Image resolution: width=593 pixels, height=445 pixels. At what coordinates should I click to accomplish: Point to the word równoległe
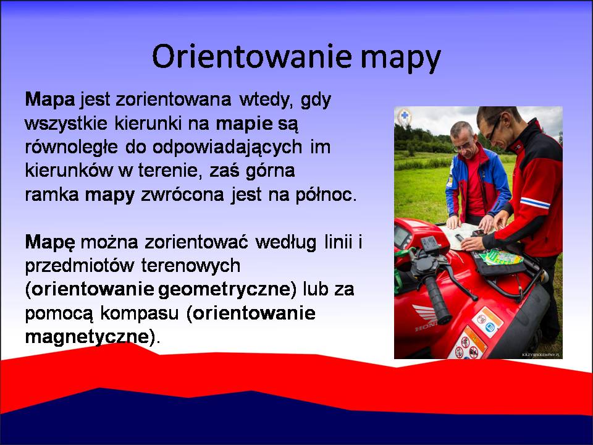tap(72, 147)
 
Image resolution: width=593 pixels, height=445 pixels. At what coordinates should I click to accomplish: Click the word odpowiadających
tap(227, 148)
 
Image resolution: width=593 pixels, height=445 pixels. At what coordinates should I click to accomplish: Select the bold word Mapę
tap(50, 242)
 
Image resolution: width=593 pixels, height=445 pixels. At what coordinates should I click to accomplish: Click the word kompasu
tap(140, 314)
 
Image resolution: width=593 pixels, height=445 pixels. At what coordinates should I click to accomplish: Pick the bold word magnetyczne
tap(87, 337)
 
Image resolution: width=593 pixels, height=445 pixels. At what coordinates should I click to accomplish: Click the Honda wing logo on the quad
tap(426, 314)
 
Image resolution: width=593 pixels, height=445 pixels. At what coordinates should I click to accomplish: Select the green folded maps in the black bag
tap(502, 257)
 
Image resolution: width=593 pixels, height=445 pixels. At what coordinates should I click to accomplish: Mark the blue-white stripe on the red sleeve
tap(535, 203)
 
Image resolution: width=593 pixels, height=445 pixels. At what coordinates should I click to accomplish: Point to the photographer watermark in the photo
tap(541, 355)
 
